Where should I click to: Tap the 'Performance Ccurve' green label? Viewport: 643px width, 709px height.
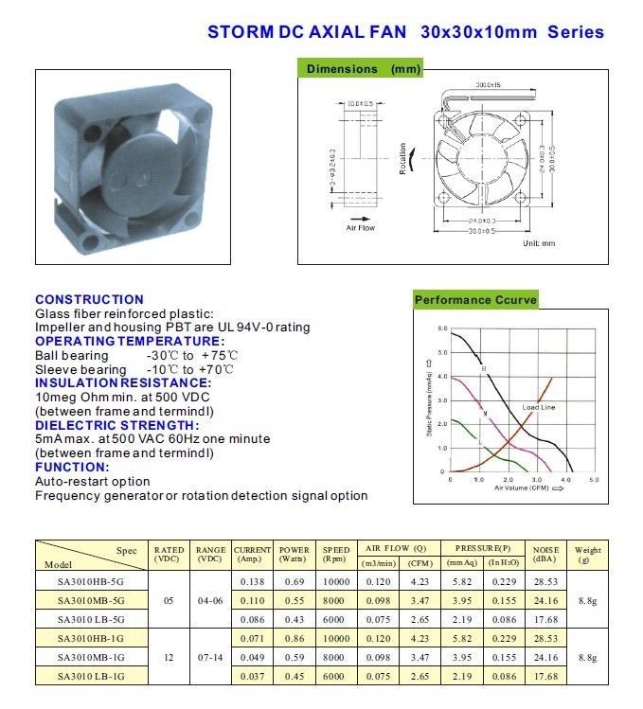click(475, 300)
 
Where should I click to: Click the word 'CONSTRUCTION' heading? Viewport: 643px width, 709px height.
click(89, 299)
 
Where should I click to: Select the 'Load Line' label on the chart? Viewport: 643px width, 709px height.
click(539, 407)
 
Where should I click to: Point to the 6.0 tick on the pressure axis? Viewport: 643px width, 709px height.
click(442, 328)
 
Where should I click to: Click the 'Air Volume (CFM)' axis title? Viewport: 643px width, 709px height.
click(519, 488)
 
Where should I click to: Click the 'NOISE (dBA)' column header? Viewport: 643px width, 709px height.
click(545, 554)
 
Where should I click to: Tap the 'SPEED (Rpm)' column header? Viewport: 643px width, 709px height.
click(335, 554)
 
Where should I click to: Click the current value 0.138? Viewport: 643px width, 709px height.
click(252, 581)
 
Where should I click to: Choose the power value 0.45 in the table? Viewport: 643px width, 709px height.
click(294, 676)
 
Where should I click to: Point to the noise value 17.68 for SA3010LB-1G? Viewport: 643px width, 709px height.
click(546, 676)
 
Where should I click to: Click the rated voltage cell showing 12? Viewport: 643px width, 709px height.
click(169, 657)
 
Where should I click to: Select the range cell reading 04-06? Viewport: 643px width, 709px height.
click(210, 600)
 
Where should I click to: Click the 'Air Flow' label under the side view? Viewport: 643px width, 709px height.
click(360, 228)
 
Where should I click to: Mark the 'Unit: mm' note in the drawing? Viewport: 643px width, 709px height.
click(539, 243)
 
